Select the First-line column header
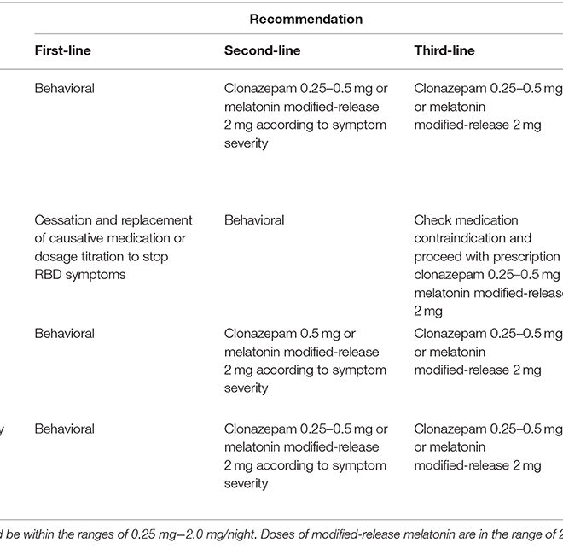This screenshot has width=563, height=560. (x=62, y=51)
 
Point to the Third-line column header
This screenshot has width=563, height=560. (x=444, y=51)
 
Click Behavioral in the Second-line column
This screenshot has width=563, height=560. (x=254, y=220)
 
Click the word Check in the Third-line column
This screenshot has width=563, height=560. (x=432, y=220)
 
